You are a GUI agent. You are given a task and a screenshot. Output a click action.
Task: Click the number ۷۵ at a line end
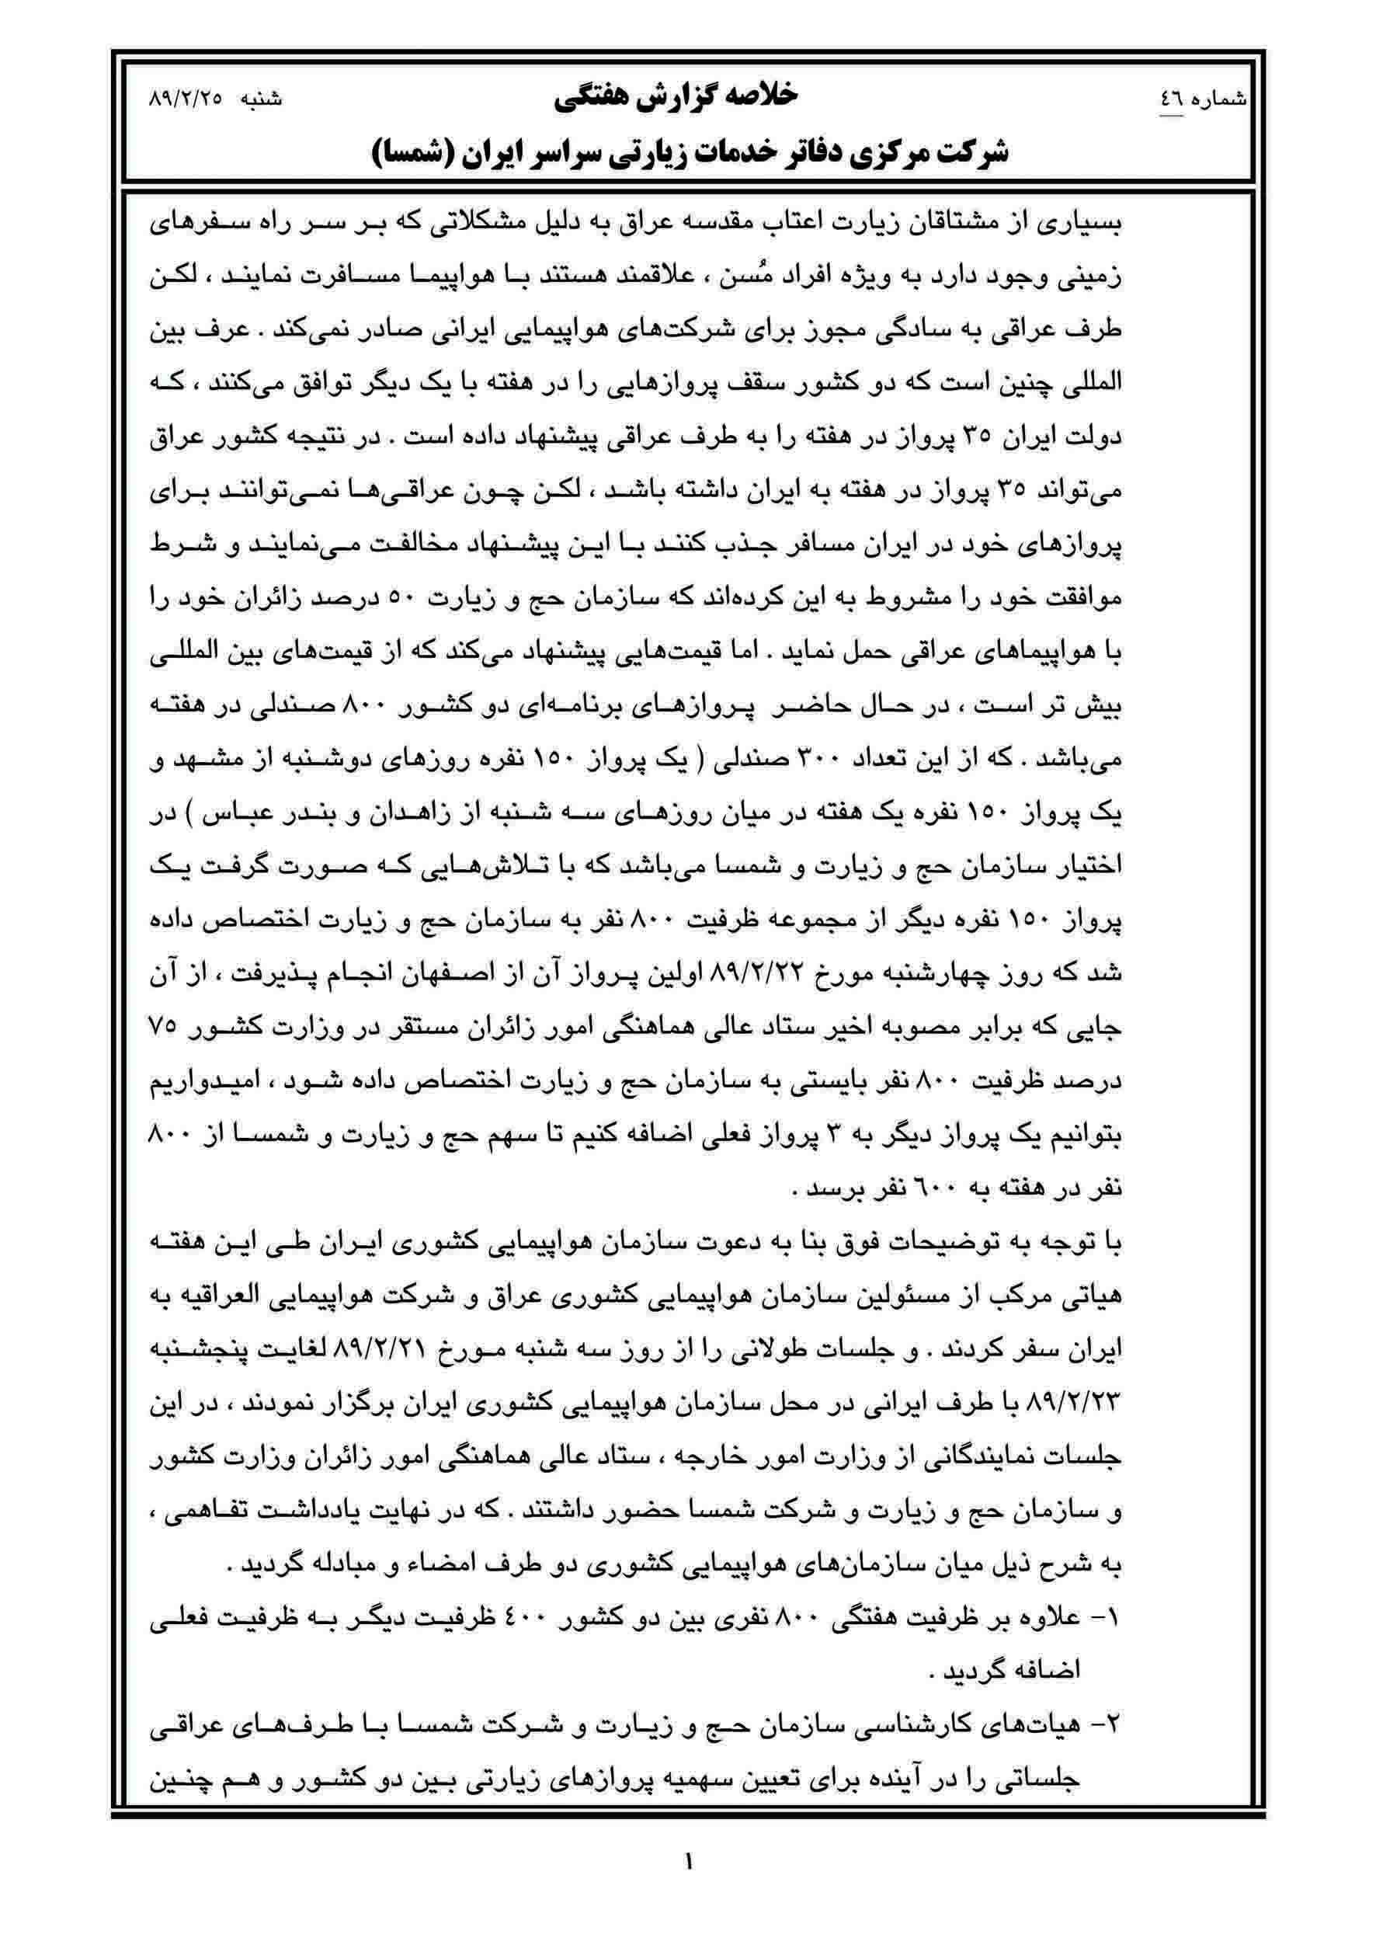coord(161,1027)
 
